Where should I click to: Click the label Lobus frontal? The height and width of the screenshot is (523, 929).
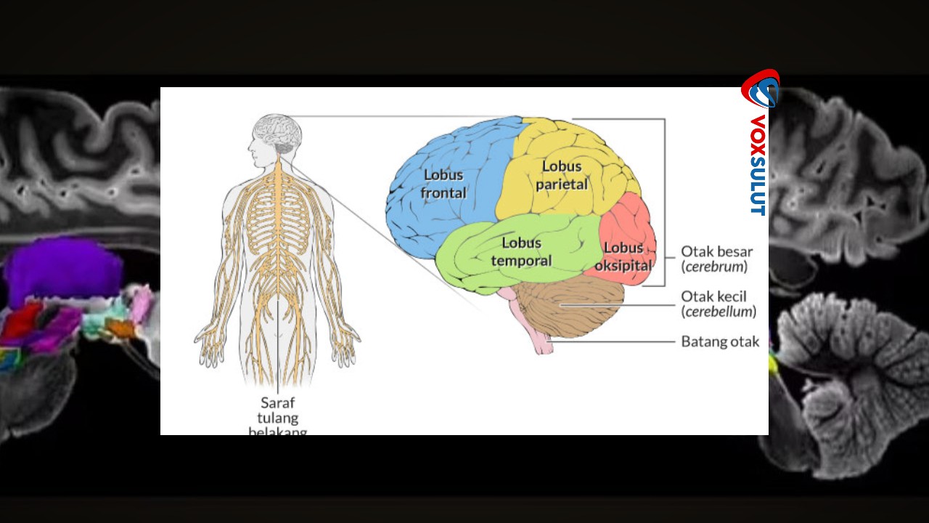click(444, 185)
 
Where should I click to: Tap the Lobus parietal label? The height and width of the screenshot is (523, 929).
click(562, 176)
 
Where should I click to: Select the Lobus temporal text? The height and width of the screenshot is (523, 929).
click(521, 251)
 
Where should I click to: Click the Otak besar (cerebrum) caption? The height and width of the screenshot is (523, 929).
click(716, 259)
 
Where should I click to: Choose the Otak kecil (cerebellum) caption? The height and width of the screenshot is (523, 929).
click(719, 304)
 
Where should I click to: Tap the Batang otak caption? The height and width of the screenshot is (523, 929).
click(720, 341)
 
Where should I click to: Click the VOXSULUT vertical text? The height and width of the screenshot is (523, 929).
click(758, 165)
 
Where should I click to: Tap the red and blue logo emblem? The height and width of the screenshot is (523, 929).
click(760, 89)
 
